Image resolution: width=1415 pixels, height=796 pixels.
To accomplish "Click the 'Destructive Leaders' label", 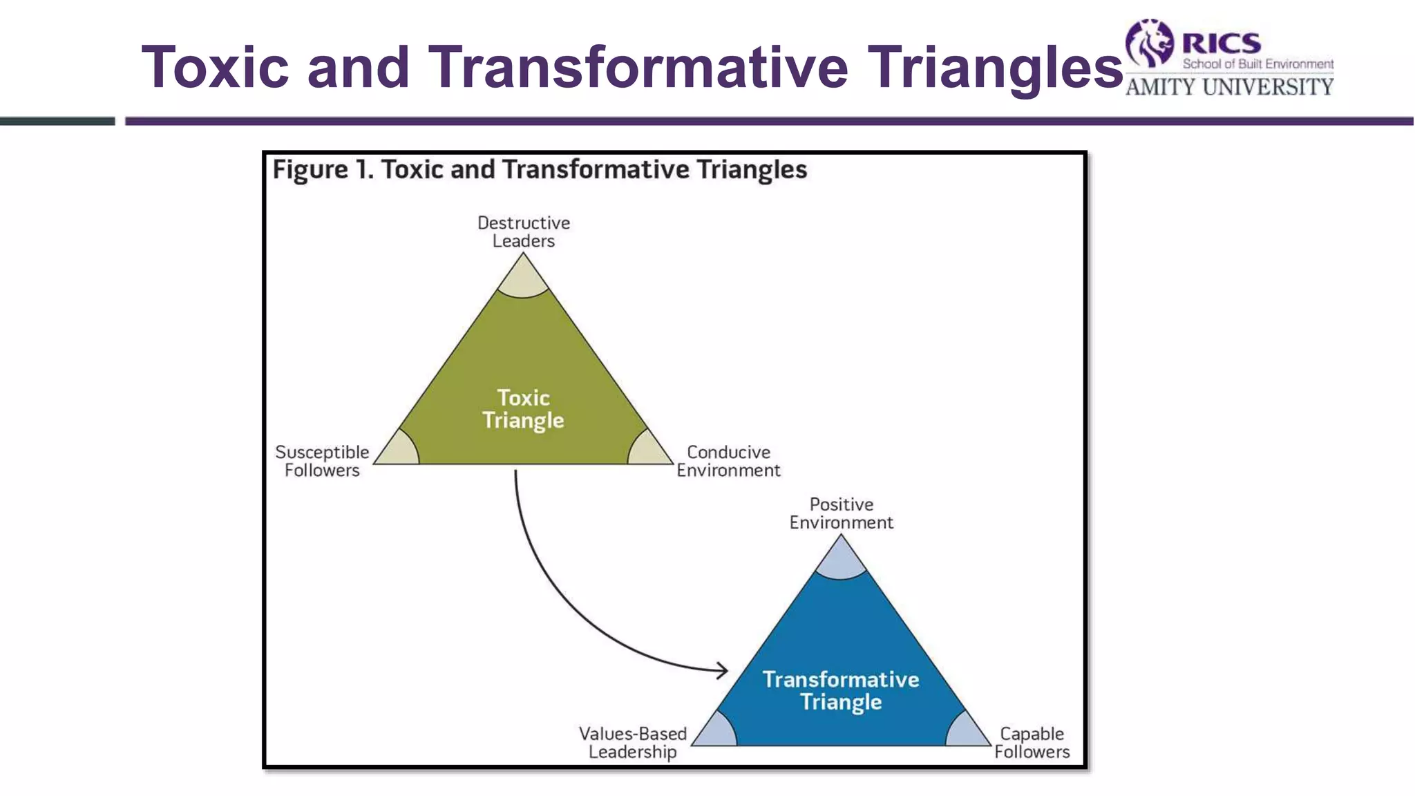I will (524, 232).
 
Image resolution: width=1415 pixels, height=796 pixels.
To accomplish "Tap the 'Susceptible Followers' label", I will (322, 462).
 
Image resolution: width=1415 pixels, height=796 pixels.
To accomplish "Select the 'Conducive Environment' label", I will (728, 462).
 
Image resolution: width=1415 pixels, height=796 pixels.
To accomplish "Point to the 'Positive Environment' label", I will (841, 513).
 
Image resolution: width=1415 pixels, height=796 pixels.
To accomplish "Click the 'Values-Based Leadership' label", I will (632, 743).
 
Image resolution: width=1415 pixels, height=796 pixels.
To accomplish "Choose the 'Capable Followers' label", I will (1032, 743).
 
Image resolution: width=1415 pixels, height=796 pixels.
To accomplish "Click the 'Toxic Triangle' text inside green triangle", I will (523, 409).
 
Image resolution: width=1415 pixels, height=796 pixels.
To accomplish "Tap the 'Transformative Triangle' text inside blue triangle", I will (841, 690).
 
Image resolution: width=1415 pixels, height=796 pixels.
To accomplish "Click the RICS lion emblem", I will (1150, 43).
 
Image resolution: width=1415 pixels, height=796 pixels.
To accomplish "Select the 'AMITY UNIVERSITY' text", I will (1229, 87).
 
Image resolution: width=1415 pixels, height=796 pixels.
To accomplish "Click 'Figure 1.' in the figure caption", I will (323, 170).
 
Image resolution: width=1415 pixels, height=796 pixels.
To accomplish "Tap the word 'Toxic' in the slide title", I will (215, 67).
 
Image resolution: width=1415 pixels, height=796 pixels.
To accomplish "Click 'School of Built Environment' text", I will (1257, 64).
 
